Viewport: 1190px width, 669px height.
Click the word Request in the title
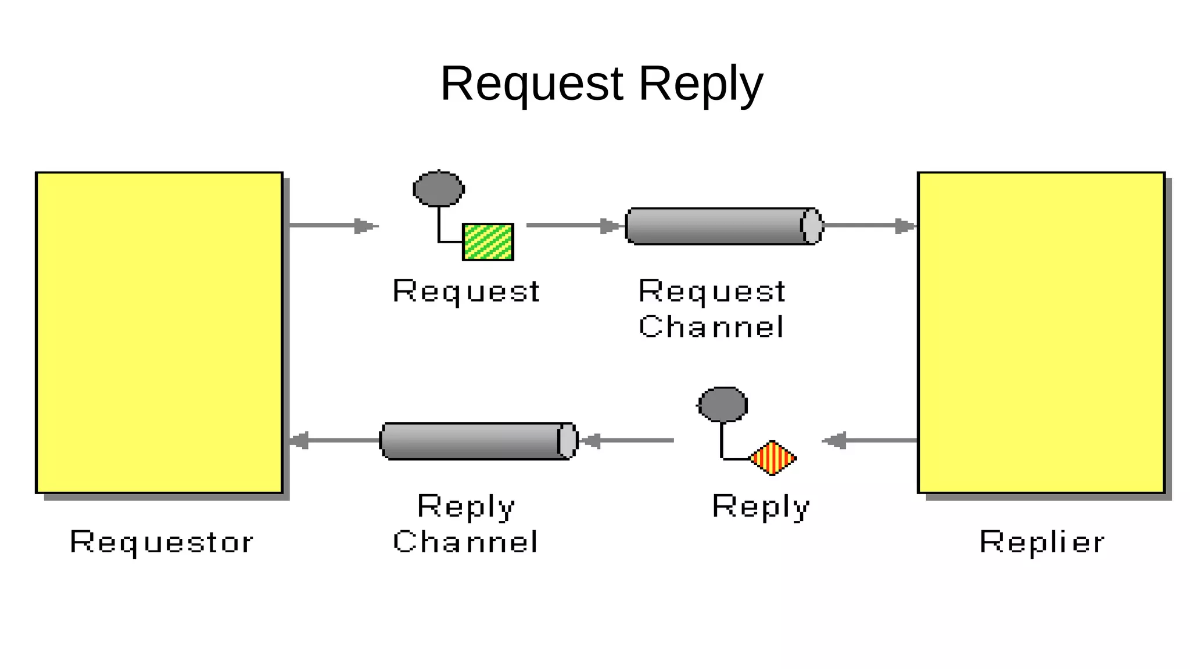532,84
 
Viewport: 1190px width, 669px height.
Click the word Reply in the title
700,85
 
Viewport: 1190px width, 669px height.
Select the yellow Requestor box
159,332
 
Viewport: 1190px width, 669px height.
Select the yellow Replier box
1041,332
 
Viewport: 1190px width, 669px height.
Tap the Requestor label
162,542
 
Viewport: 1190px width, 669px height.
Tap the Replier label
1041,542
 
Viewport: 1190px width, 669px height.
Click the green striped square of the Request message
488,242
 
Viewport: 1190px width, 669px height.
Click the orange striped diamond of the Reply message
772,458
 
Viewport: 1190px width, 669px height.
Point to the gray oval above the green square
439,189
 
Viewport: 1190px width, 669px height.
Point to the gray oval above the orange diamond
722,404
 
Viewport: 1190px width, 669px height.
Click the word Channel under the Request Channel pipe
711,326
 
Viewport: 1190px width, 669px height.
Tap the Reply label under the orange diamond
761,506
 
